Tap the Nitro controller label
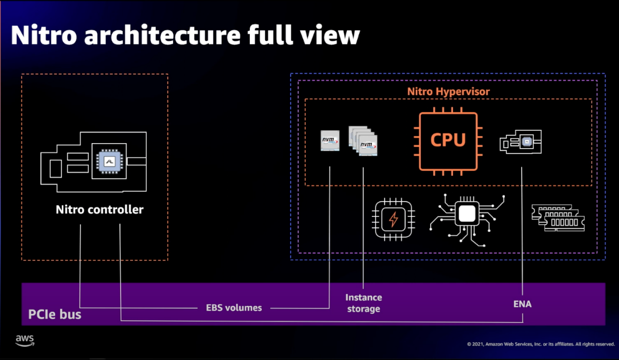coord(100,209)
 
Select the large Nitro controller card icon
coord(93,162)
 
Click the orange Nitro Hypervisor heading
coord(448,92)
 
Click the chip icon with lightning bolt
coord(393,219)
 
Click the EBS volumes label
coord(234,308)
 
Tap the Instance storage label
coord(363,303)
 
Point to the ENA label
coord(522,304)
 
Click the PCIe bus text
coord(55,315)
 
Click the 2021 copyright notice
coord(541,344)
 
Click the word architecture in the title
coord(162,35)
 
